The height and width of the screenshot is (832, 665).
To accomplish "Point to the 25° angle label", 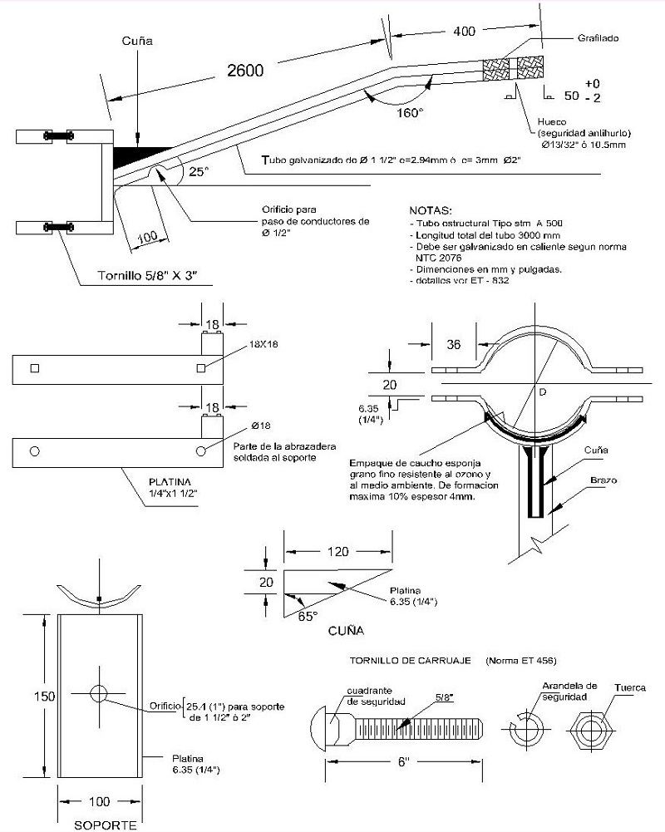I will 197,172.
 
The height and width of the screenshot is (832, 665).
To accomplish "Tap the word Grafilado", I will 599,38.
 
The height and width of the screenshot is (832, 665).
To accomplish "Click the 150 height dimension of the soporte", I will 28,696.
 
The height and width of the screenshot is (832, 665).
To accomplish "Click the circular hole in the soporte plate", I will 99,692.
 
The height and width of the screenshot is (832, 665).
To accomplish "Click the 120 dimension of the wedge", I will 337,552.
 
